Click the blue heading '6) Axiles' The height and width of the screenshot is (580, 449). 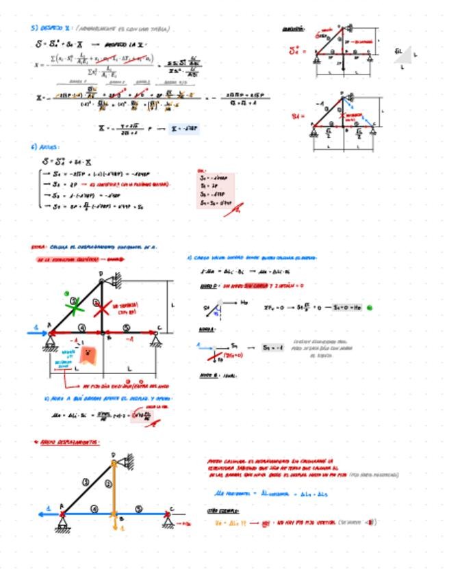(44, 146)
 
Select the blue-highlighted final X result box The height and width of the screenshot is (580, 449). (185, 128)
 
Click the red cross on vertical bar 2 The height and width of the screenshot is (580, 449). (102, 308)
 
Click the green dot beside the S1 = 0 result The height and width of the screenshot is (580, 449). (370, 308)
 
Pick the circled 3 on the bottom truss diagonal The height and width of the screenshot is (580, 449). (86, 482)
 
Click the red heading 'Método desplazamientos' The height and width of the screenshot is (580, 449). (68, 443)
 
